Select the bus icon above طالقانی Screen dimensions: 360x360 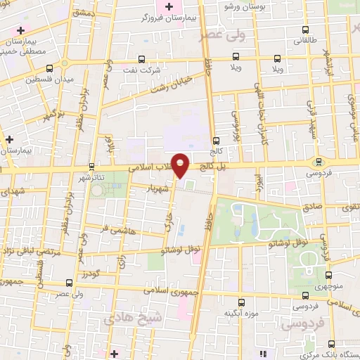[x=304, y=30]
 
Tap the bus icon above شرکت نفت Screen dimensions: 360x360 [x=141, y=59]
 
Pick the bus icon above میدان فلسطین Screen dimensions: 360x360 [x=49, y=68]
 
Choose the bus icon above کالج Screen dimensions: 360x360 [x=215, y=141]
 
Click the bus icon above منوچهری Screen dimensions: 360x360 [x=305, y=276]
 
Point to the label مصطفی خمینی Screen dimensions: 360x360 [x=25, y=51]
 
